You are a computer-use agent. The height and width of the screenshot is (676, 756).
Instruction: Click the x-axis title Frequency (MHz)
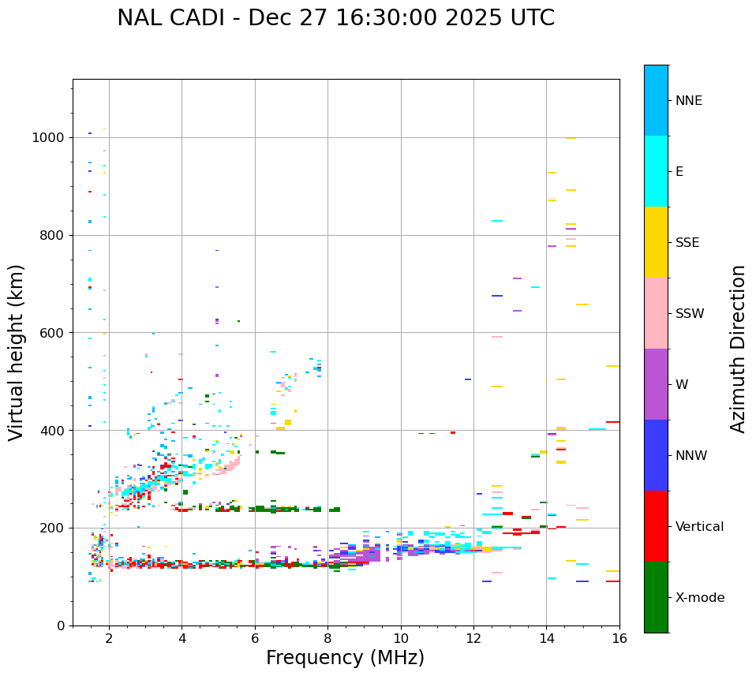(x=345, y=658)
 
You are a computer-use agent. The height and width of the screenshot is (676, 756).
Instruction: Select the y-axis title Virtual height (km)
(x=17, y=353)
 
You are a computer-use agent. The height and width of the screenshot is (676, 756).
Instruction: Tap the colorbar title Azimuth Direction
(x=738, y=349)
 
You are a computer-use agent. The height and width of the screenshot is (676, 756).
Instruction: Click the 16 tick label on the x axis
(x=619, y=638)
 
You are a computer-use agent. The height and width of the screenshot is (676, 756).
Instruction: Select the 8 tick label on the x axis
(x=327, y=638)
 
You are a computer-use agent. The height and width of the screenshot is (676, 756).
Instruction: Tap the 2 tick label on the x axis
(x=109, y=638)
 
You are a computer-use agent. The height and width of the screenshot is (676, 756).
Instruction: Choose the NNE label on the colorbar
(x=689, y=101)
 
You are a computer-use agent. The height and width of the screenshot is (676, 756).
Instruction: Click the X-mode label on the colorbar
(x=700, y=598)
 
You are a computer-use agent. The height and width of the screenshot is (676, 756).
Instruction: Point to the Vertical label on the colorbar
(x=699, y=527)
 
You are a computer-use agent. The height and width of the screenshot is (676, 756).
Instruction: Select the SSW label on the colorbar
(x=690, y=314)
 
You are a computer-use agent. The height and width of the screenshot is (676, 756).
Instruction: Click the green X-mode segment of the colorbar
(x=656, y=597)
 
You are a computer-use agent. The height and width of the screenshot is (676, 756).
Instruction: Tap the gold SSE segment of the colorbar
(x=656, y=242)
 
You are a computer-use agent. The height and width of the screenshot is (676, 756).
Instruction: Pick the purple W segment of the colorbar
(x=656, y=384)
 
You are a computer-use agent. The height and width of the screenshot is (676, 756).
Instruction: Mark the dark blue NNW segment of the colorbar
(x=656, y=455)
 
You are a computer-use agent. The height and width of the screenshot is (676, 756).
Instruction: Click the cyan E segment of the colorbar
(x=656, y=171)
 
